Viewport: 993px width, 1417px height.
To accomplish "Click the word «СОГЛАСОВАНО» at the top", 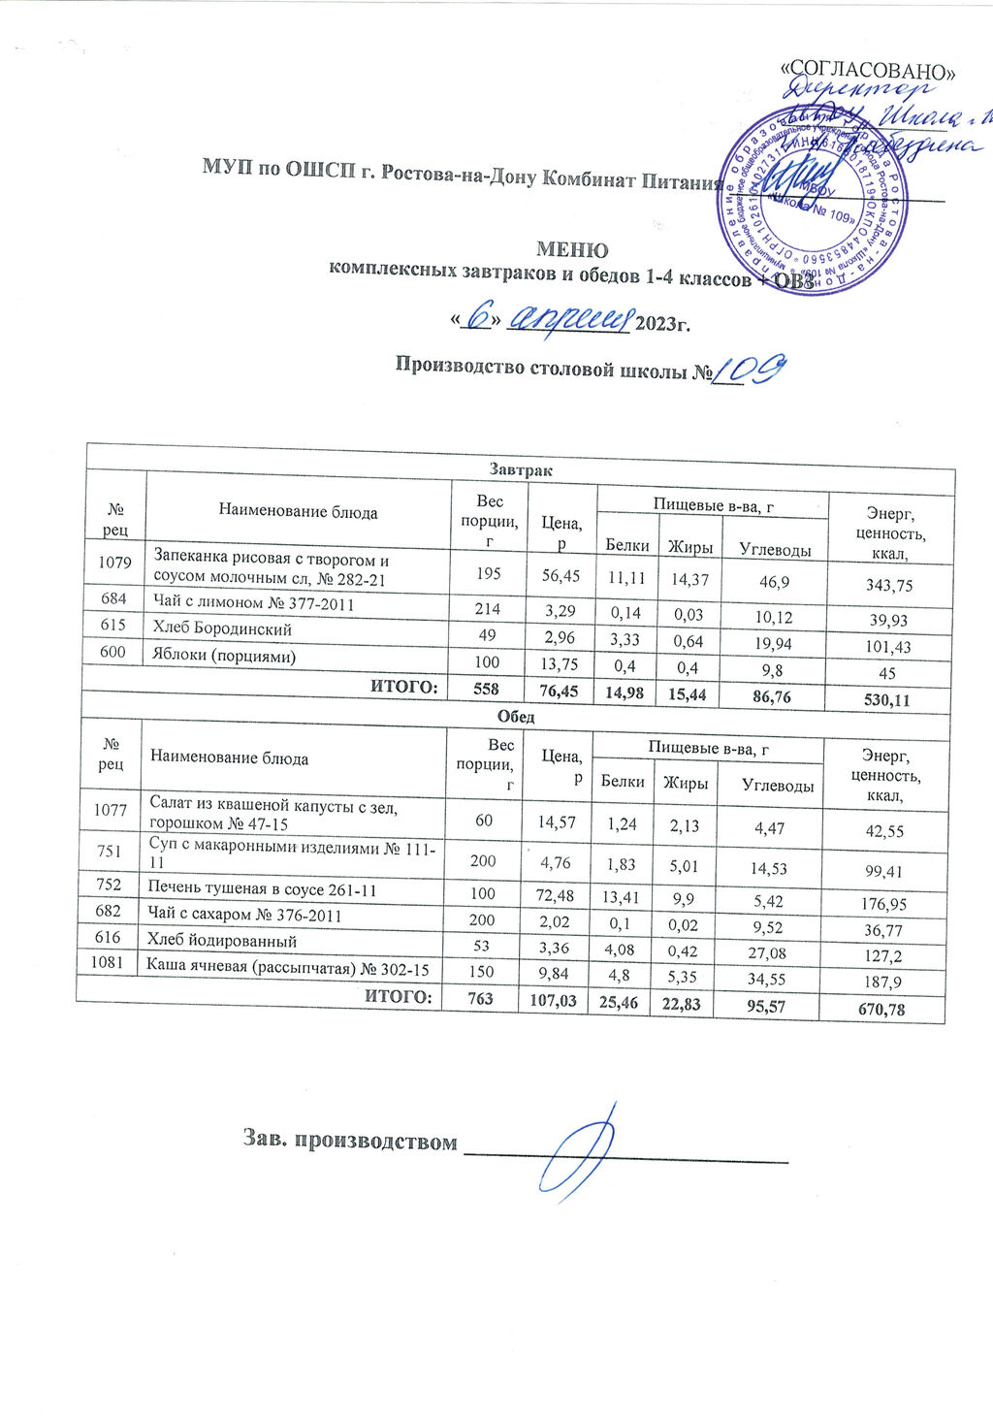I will [874, 70].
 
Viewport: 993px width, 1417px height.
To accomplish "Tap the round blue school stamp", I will [813, 201].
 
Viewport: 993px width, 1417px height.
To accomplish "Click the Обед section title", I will [517, 718].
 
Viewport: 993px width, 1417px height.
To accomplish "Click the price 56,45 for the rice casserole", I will [561, 576].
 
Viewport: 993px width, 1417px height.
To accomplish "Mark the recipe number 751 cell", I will [112, 851].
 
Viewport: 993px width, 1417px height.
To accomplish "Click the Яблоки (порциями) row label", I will [224, 656].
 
